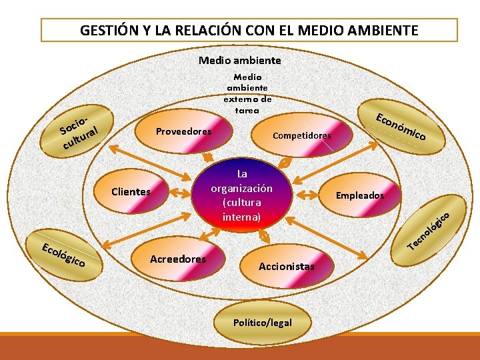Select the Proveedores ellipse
click(x=183, y=131)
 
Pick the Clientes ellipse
click(x=131, y=192)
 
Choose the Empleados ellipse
click(x=359, y=195)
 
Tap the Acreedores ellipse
click(x=178, y=259)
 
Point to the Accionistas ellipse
click(x=287, y=266)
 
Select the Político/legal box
click(x=263, y=323)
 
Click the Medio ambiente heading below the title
click(x=240, y=61)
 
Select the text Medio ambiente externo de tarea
click(x=247, y=93)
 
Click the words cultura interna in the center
click(x=241, y=209)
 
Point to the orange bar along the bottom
click(x=240, y=347)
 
